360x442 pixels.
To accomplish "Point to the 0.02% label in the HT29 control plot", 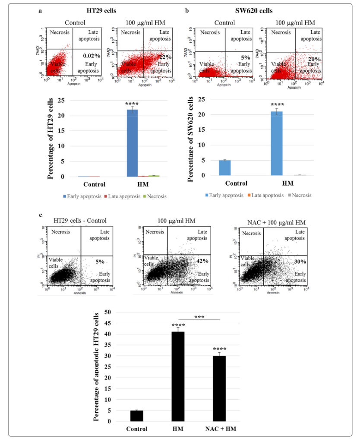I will coord(91,56).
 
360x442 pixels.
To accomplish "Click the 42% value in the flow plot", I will coord(202,261).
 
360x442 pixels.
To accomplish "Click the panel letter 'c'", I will coord(41,215).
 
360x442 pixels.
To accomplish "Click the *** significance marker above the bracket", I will coord(199,316).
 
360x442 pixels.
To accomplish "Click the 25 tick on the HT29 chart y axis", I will coord(62,101).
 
